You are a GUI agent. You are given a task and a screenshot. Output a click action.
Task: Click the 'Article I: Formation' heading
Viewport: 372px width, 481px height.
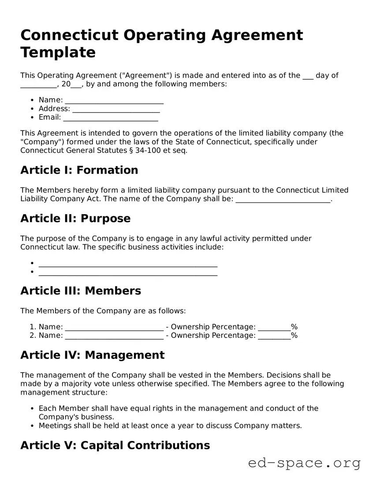[x=79, y=170]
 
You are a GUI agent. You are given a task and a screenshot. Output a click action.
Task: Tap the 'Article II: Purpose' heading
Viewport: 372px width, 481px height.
[x=75, y=219]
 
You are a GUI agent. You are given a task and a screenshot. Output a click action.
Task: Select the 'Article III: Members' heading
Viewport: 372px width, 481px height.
[x=81, y=291]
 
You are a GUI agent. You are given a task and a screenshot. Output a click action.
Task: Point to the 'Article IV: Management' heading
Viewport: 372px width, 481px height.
[x=93, y=355]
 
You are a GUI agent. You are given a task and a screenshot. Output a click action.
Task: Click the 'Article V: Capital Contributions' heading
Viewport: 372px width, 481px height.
[x=115, y=445]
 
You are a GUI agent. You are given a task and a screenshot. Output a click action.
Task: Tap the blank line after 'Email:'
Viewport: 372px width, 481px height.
[x=111, y=118]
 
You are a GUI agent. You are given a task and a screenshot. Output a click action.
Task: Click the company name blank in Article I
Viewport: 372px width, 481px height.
[x=283, y=200]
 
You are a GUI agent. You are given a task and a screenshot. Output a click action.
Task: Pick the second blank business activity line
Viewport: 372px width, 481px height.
[x=128, y=273]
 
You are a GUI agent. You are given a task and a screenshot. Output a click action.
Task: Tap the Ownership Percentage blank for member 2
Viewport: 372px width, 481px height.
[x=274, y=336]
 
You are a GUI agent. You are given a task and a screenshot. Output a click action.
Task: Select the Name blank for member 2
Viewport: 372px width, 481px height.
[x=114, y=336]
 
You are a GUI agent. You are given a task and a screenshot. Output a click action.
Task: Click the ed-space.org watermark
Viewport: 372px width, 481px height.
[x=304, y=463]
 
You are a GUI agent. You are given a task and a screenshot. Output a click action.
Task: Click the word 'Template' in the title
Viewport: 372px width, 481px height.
[x=58, y=52]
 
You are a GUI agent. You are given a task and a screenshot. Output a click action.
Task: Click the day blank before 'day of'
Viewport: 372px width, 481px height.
[x=308, y=76]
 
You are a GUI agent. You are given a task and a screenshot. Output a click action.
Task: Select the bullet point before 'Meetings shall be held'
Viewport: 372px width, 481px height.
[x=33, y=426]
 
